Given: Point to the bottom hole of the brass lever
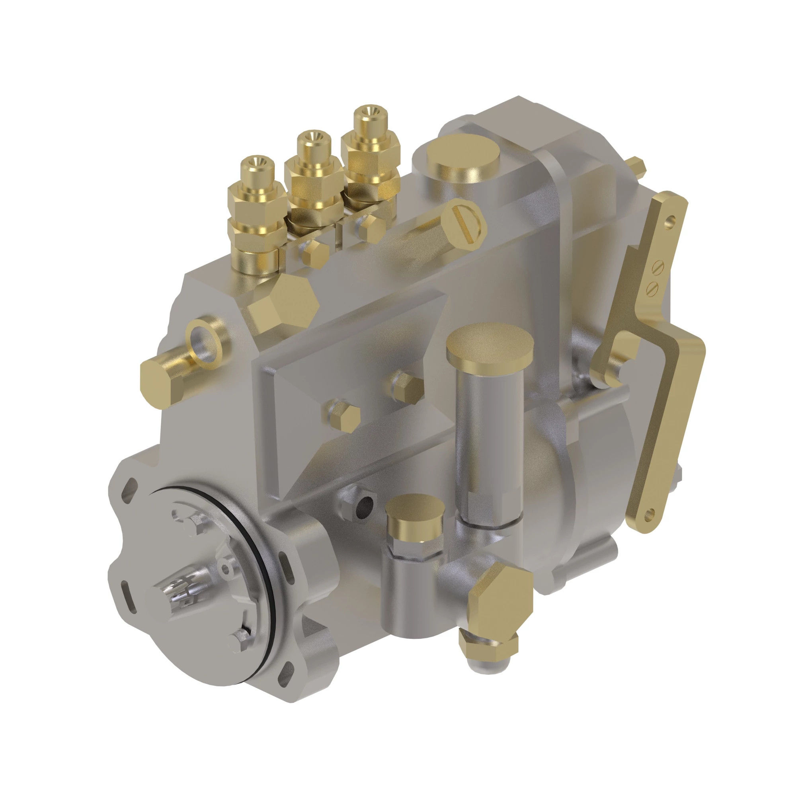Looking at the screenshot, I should click(x=651, y=513).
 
